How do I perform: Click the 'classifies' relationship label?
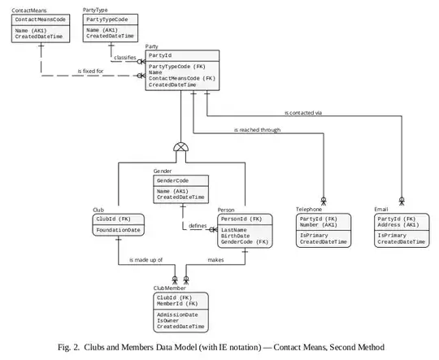[x=125, y=58]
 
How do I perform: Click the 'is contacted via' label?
[x=304, y=112]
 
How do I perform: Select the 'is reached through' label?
[x=257, y=130]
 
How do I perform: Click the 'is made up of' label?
[x=146, y=260]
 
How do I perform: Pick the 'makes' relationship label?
[x=215, y=260]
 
